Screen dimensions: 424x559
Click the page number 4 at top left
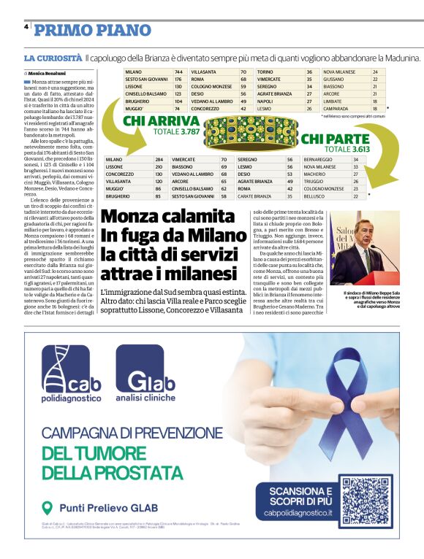coord(26,26)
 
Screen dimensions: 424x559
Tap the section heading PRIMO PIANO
coord(80,30)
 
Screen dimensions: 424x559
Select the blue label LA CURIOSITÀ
coord(52,57)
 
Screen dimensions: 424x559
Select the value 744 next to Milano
coord(178,72)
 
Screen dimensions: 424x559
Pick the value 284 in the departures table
coord(159,159)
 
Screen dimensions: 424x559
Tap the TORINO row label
coord(265,72)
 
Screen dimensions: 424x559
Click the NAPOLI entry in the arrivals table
coord(265,101)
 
